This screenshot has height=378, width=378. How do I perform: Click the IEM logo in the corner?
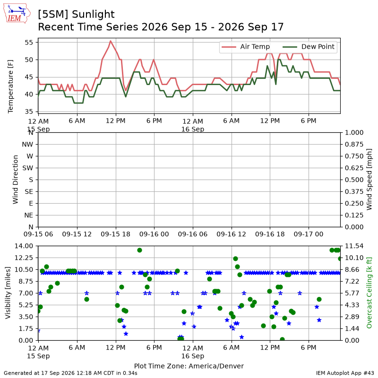click(x=17, y=13)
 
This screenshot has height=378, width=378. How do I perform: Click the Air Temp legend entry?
click(x=246, y=47)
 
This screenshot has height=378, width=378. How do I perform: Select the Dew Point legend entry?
click(x=309, y=47)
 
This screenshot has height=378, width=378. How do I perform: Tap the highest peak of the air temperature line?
click(x=111, y=41)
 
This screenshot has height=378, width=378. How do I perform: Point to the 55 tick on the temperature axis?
click(x=29, y=43)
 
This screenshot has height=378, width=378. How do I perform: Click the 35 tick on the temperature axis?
click(x=29, y=112)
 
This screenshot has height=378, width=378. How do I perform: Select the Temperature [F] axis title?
click(x=10, y=86)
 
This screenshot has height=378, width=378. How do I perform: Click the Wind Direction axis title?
click(x=15, y=180)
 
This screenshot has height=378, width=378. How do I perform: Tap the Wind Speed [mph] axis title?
click(x=369, y=180)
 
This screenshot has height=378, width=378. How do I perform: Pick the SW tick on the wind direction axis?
click(x=28, y=168)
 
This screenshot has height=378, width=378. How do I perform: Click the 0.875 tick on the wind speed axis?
click(x=354, y=145)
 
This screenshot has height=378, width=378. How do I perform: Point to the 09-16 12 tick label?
click(x=231, y=234)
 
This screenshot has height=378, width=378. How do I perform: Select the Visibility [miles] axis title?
click(x=8, y=293)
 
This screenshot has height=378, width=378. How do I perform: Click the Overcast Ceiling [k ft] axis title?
click(x=369, y=293)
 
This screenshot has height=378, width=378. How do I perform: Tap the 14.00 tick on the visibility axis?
click(x=24, y=246)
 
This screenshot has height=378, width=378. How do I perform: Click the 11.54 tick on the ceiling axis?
click(x=354, y=246)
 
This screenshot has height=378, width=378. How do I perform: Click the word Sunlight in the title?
click(x=93, y=15)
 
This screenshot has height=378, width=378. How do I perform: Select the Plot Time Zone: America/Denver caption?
click(x=189, y=366)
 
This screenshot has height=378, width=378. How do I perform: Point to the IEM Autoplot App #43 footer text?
click(x=345, y=373)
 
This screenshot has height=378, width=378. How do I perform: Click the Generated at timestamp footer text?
click(x=70, y=373)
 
